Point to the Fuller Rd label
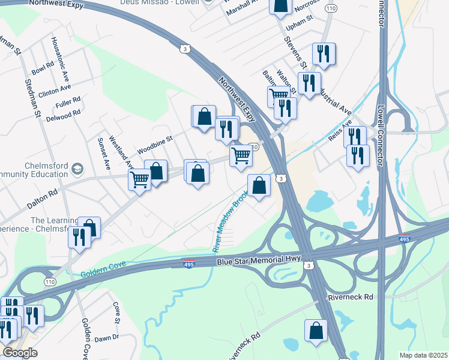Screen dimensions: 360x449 pyautogui.click(x=67, y=103)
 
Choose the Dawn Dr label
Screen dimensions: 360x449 pyautogui.click(x=107, y=338)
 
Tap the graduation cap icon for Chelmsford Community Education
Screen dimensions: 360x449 pyautogui.click(x=77, y=169)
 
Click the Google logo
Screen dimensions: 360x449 pyautogui.click(x=20, y=353)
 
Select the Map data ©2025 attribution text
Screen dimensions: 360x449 pyautogui.click(x=423, y=355)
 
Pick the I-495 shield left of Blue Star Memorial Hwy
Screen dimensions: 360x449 pyautogui.click(x=188, y=264)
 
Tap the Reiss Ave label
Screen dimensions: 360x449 pyautogui.click(x=339, y=132)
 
